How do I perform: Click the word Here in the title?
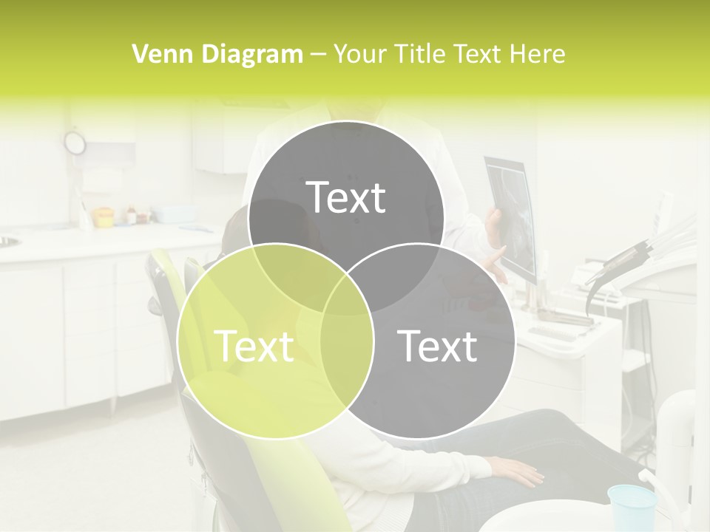538,54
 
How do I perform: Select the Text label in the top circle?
345,197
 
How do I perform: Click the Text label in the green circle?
254,346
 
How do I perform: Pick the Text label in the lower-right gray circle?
437,346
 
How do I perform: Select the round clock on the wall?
75,143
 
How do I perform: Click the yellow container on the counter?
103,216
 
